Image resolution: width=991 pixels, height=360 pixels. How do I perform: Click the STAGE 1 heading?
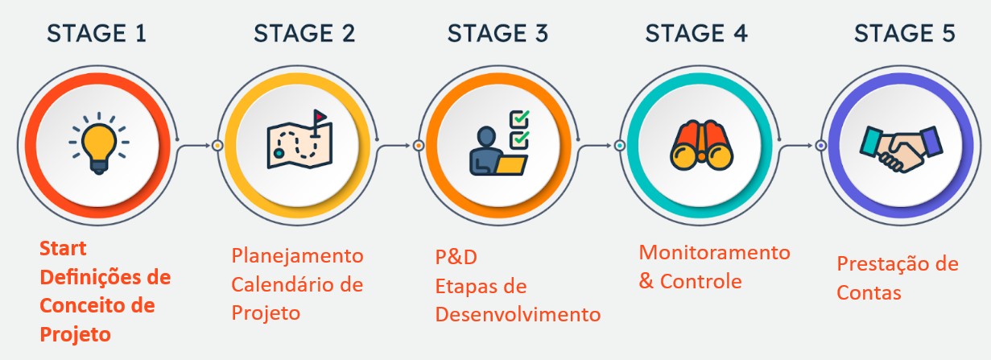click(x=97, y=34)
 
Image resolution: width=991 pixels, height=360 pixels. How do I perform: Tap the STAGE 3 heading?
click(x=498, y=34)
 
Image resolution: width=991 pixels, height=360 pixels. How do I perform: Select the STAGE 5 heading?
click(x=904, y=34)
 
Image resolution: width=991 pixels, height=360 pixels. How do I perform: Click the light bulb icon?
click(x=99, y=143)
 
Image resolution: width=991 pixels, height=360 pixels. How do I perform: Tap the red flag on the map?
click(x=320, y=117)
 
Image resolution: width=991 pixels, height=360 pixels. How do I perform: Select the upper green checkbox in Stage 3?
click(x=520, y=119)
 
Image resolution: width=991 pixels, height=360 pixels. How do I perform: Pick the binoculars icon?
click(x=701, y=146)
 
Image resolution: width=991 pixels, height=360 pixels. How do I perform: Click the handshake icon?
click(x=901, y=149)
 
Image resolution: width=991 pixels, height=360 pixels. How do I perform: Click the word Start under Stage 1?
click(x=63, y=248)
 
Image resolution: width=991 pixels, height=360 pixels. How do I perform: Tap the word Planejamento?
click(x=297, y=256)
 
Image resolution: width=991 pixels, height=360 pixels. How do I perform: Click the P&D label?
click(x=456, y=257)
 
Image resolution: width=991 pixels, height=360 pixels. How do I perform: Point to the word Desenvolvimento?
click(x=518, y=314)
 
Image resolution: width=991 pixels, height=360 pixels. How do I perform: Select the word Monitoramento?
click(x=715, y=252)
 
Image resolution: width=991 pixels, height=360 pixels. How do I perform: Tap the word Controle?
click(x=700, y=281)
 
